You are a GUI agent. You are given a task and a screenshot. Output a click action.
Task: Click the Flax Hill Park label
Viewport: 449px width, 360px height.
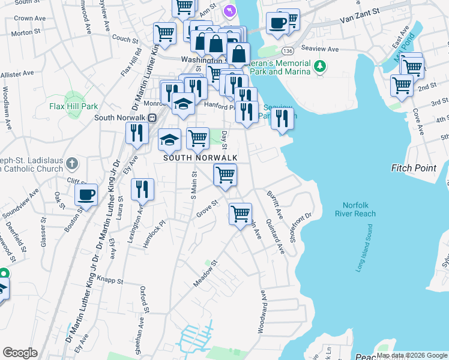73,106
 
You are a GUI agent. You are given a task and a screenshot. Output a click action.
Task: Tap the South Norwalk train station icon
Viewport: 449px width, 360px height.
152,117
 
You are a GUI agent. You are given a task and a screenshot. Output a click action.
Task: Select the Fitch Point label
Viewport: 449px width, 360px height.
414,168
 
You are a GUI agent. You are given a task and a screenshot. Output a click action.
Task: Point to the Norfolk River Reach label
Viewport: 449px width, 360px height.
355,209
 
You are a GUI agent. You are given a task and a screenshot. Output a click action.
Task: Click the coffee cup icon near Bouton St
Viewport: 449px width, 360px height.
86,194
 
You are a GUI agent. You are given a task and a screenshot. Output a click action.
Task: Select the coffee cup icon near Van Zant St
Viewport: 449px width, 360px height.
277,23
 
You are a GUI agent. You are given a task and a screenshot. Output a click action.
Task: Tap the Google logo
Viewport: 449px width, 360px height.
20,353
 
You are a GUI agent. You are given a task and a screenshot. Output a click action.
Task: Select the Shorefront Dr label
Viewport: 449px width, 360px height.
301,225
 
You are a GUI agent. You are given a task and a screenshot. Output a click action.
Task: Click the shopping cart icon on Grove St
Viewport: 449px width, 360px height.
240,214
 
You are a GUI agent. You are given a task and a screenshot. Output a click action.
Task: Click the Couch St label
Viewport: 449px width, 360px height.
125,39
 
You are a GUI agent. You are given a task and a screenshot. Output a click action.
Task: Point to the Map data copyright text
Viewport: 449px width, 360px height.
411,355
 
